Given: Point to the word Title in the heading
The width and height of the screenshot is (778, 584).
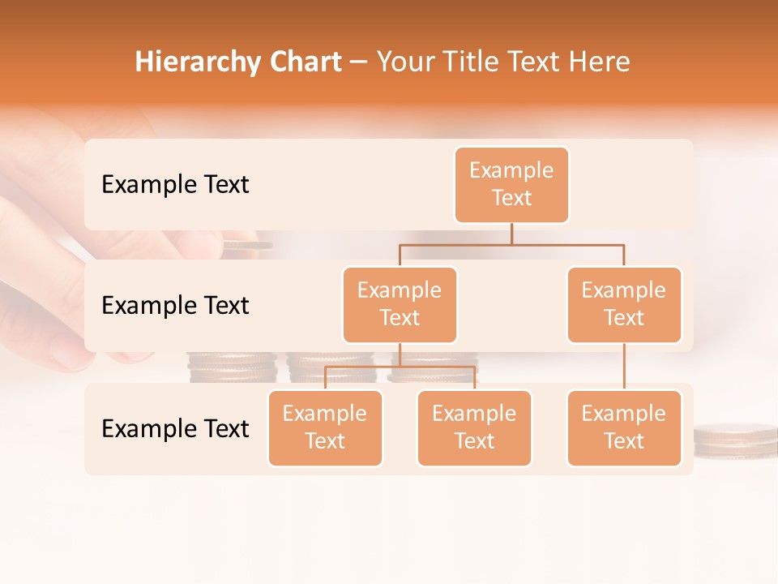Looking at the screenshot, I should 476,62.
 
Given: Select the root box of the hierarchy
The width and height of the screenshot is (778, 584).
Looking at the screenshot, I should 511,184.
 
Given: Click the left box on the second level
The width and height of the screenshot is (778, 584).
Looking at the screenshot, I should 400,304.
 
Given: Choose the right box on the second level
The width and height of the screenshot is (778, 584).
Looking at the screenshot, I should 624,304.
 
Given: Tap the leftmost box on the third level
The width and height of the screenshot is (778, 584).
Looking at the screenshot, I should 325,427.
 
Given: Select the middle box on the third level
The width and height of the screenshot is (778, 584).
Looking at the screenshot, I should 474,427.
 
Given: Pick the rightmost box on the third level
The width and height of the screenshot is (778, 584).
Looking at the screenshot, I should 624,427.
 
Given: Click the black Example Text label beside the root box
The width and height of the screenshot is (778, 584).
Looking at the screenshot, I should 175,185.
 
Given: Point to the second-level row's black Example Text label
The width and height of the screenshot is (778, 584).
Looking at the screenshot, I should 175,306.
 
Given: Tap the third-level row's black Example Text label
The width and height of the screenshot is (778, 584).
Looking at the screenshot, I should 175,429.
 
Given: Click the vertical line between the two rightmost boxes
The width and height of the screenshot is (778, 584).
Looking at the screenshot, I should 624,366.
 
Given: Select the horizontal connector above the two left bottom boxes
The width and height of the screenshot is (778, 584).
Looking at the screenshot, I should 400,367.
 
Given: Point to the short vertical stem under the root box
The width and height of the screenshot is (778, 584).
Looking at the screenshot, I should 511,234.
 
